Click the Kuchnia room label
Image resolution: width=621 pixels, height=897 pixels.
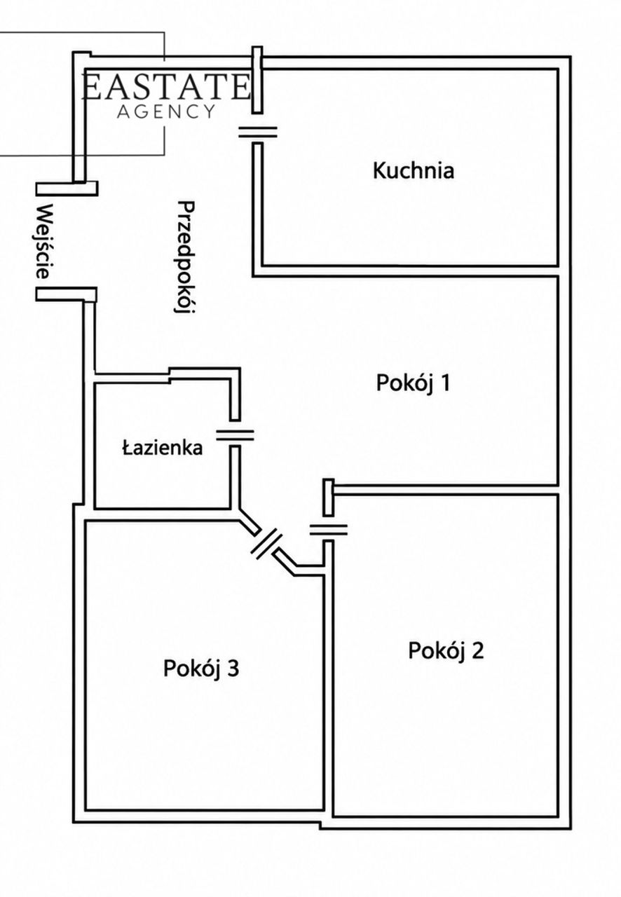pyautogui.click(x=413, y=170)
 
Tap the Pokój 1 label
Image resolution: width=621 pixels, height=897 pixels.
pyautogui.click(x=413, y=383)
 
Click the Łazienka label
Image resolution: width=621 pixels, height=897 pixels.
pyautogui.click(x=163, y=448)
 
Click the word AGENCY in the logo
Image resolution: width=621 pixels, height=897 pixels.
pyautogui.click(x=166, y=111)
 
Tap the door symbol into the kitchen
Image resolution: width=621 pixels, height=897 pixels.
pyautogui.click(x=258, y=132)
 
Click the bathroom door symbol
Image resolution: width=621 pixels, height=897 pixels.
pyautogui.click(x=236, y=435)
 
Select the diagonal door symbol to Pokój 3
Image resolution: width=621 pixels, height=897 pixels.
pyautogui.click(x=267, y=543)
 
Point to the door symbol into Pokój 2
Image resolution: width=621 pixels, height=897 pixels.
pyautogui.click(x=328, y=530)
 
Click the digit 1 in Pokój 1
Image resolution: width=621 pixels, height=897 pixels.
pyautogui.click(x=446, y=382)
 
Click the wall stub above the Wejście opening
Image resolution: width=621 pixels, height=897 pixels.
pyautogui.click(x=67, y=189)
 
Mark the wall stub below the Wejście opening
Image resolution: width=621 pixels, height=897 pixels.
pyautogui.click(x=66, y=294)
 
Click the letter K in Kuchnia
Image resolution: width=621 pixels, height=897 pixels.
pyautogui.click(x=378, y=170)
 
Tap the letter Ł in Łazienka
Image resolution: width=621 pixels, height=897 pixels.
pyautogui.click(x=128, y=448)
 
